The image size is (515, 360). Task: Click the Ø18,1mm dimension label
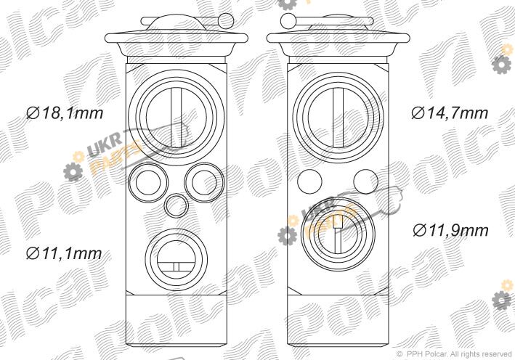(65, 113)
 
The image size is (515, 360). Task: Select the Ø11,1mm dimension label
(64, 253)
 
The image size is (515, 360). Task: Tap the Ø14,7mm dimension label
(450, 113)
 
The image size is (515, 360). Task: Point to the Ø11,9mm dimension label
(450, 229)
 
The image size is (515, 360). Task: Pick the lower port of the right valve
(303, 234)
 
